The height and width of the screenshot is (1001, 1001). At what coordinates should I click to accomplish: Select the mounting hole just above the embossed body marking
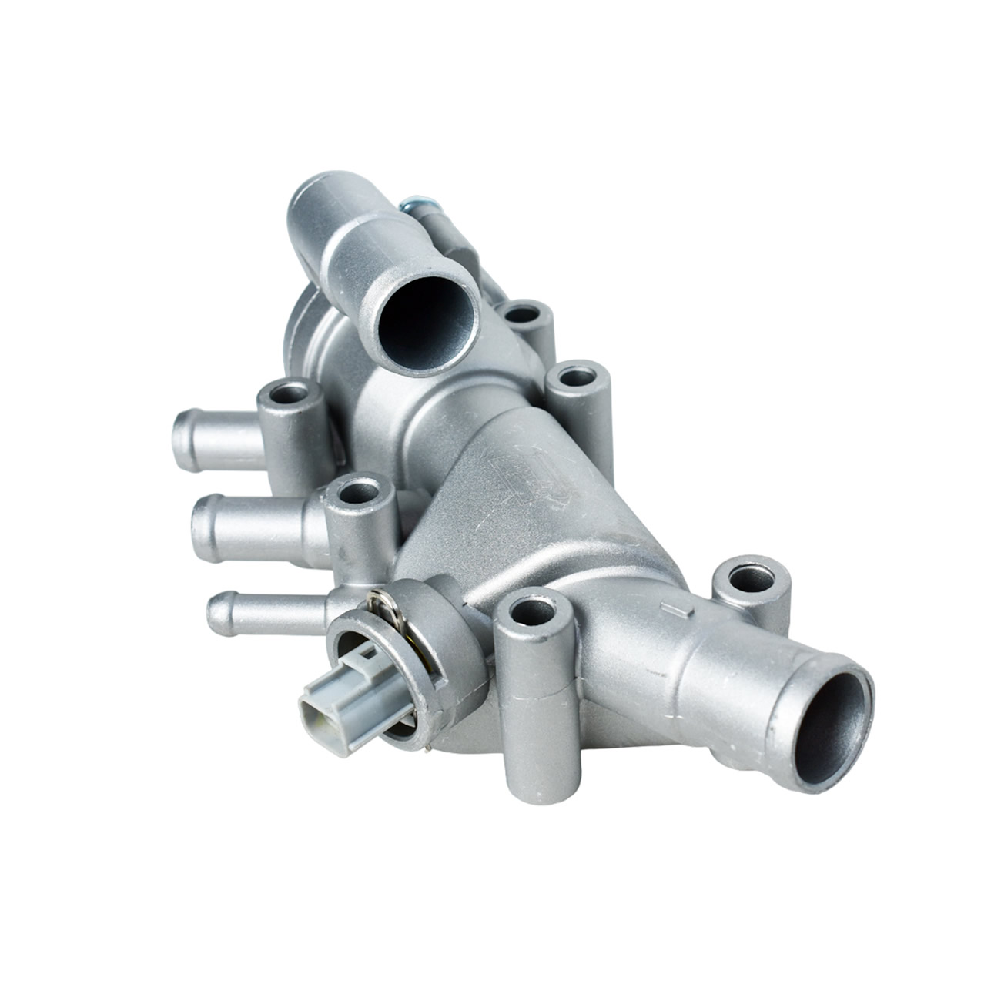[x=575, y=377]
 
